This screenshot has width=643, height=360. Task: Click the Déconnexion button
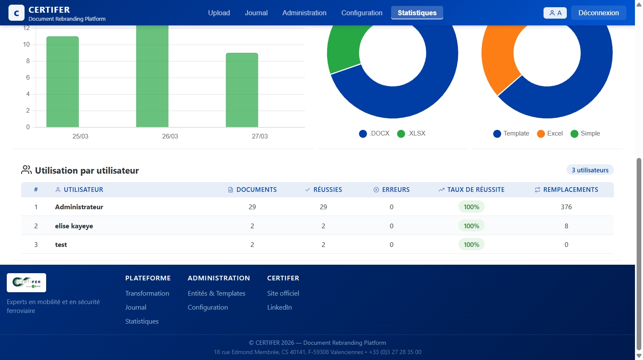(598, 13)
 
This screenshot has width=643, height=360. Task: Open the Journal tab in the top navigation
(256, 13)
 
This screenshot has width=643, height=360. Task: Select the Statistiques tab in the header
(417, 13)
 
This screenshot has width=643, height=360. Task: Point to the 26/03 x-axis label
(170, 136)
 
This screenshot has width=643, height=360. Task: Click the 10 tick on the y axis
(26, 44)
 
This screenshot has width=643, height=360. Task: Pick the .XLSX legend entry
(411, 133)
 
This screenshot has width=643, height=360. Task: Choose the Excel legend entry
(550, 133)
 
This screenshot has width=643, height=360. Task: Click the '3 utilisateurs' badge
(590, 170)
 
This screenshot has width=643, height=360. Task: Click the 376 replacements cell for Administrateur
(566, 207)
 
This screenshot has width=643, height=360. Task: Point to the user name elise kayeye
(74, 226)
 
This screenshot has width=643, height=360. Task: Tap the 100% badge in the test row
(471, 245)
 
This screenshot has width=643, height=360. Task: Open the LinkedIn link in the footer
(279, 307)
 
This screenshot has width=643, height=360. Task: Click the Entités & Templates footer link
(216, 294)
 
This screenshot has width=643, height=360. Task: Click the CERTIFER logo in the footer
(26, 282)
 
